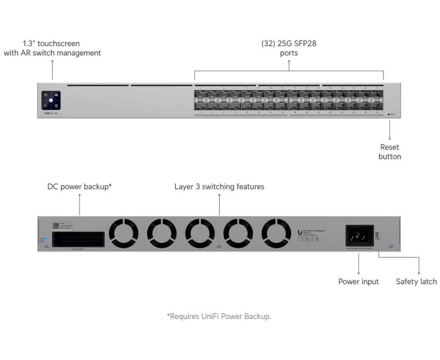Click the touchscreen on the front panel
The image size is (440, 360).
[51, 100]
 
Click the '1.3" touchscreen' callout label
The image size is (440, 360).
[52, 48]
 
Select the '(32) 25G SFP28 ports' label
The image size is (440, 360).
[289, 48]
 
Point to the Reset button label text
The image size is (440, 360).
[389, 152]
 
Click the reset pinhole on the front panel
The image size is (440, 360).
[389, 114]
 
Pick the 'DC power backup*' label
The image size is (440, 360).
[79, 187]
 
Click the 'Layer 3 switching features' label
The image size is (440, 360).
[219, 187]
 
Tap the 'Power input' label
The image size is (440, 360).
[358, 282]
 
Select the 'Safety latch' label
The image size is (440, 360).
[416, 282]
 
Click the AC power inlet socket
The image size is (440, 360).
[359, 236]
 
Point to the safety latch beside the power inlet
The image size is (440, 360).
[377, 236]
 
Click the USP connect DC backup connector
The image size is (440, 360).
[78, 239]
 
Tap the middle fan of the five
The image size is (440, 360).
[200, 233]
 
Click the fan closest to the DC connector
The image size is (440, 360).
[124, 233]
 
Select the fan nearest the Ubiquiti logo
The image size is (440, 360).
[276, 233]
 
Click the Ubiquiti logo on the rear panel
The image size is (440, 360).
[300, 232]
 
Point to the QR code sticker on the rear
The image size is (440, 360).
[56, 225]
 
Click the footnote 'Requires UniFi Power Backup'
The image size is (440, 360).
[219, 316]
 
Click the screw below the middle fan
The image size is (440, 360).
[219, 247]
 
